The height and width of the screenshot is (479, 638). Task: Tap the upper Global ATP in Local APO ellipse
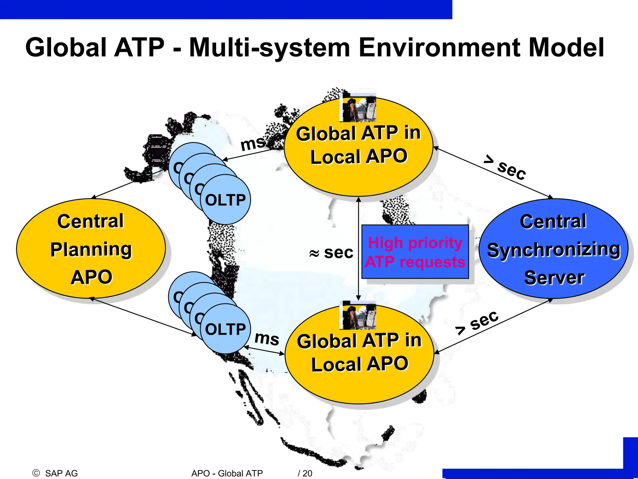[358, 147]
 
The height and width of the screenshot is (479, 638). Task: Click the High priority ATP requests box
[415, 252]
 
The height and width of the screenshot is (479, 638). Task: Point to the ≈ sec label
[331, 252]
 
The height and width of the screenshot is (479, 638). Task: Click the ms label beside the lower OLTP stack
[267, 338]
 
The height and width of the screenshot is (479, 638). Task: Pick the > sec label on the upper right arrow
[505, 168]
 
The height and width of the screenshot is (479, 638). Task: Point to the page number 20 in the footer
[307, 473]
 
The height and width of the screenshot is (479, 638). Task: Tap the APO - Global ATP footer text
[227, 473]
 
